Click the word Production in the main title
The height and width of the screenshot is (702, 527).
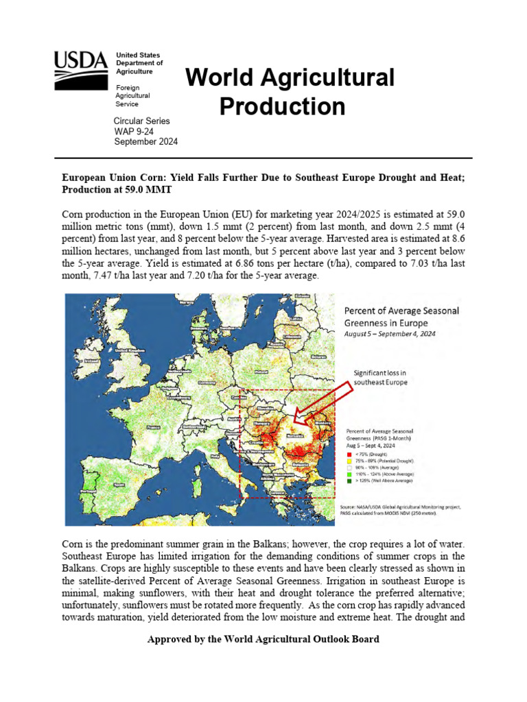[x=282, y=106]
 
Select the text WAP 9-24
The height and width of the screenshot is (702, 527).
[x=133, y=131]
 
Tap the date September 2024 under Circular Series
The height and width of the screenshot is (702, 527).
[x=145, y=142]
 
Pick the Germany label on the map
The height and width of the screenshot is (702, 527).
[x=206, y=383]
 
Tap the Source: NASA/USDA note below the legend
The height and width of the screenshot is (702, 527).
[x=400, y=510]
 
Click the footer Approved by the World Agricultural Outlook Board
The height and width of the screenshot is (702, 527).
[x=263, y=639]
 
